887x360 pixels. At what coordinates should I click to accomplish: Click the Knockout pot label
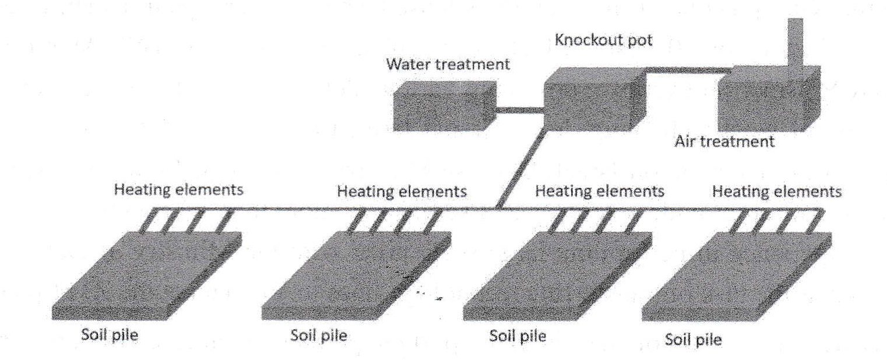point(604,40)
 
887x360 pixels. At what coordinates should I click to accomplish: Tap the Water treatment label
point(448,64)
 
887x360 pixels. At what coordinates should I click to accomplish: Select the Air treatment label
point(724,141)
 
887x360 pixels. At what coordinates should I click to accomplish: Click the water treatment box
point(445,106)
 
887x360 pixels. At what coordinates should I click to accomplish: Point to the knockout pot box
point(595,99)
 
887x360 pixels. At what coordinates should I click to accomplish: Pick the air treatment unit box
point(769,98)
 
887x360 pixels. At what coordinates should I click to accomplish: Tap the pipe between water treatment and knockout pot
point(520,110)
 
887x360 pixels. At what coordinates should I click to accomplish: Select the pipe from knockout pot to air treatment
point(688,70)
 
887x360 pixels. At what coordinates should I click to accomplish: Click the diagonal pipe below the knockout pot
point(521,169)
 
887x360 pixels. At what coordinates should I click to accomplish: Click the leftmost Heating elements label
point(178,190)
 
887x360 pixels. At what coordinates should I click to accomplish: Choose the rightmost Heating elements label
point(776,192)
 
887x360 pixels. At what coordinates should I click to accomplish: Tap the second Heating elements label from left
point(402,192)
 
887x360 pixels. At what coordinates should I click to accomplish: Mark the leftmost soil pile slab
point(147,276)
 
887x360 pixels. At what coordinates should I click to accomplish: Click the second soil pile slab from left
point(357,276)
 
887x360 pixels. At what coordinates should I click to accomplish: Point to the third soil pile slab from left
point(558,276)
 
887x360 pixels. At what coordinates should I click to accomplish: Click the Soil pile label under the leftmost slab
point(110,336)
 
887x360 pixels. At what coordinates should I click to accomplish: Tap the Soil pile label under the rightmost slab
point(693,340)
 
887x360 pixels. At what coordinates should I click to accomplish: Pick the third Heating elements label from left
point(600,192)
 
